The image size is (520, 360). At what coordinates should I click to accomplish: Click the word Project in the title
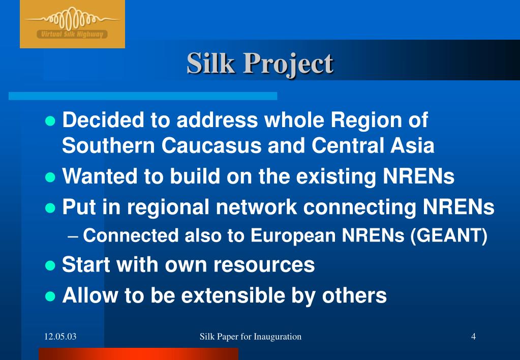288,64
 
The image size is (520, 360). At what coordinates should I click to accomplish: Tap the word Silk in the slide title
209,64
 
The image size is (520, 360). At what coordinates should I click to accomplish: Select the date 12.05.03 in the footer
60,336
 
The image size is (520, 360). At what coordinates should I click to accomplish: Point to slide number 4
473,336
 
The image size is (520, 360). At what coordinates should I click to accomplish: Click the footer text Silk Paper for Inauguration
251,336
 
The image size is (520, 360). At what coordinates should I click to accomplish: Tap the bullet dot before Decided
50,121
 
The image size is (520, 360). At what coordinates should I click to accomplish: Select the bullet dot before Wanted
50,177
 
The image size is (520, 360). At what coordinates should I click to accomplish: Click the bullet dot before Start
50,265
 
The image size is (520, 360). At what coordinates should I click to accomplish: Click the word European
294,236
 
